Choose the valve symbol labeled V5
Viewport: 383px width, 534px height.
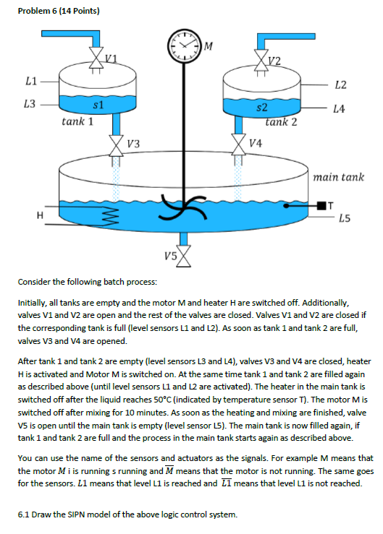pos(187,254)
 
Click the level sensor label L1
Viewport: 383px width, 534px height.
pos(30,79)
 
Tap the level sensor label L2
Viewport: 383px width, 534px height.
pos(340,85)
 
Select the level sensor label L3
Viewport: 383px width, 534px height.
pos(30,105)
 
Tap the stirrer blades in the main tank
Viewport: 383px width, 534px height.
pos(177,209)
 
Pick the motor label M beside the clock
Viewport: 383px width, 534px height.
pos(209,48)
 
